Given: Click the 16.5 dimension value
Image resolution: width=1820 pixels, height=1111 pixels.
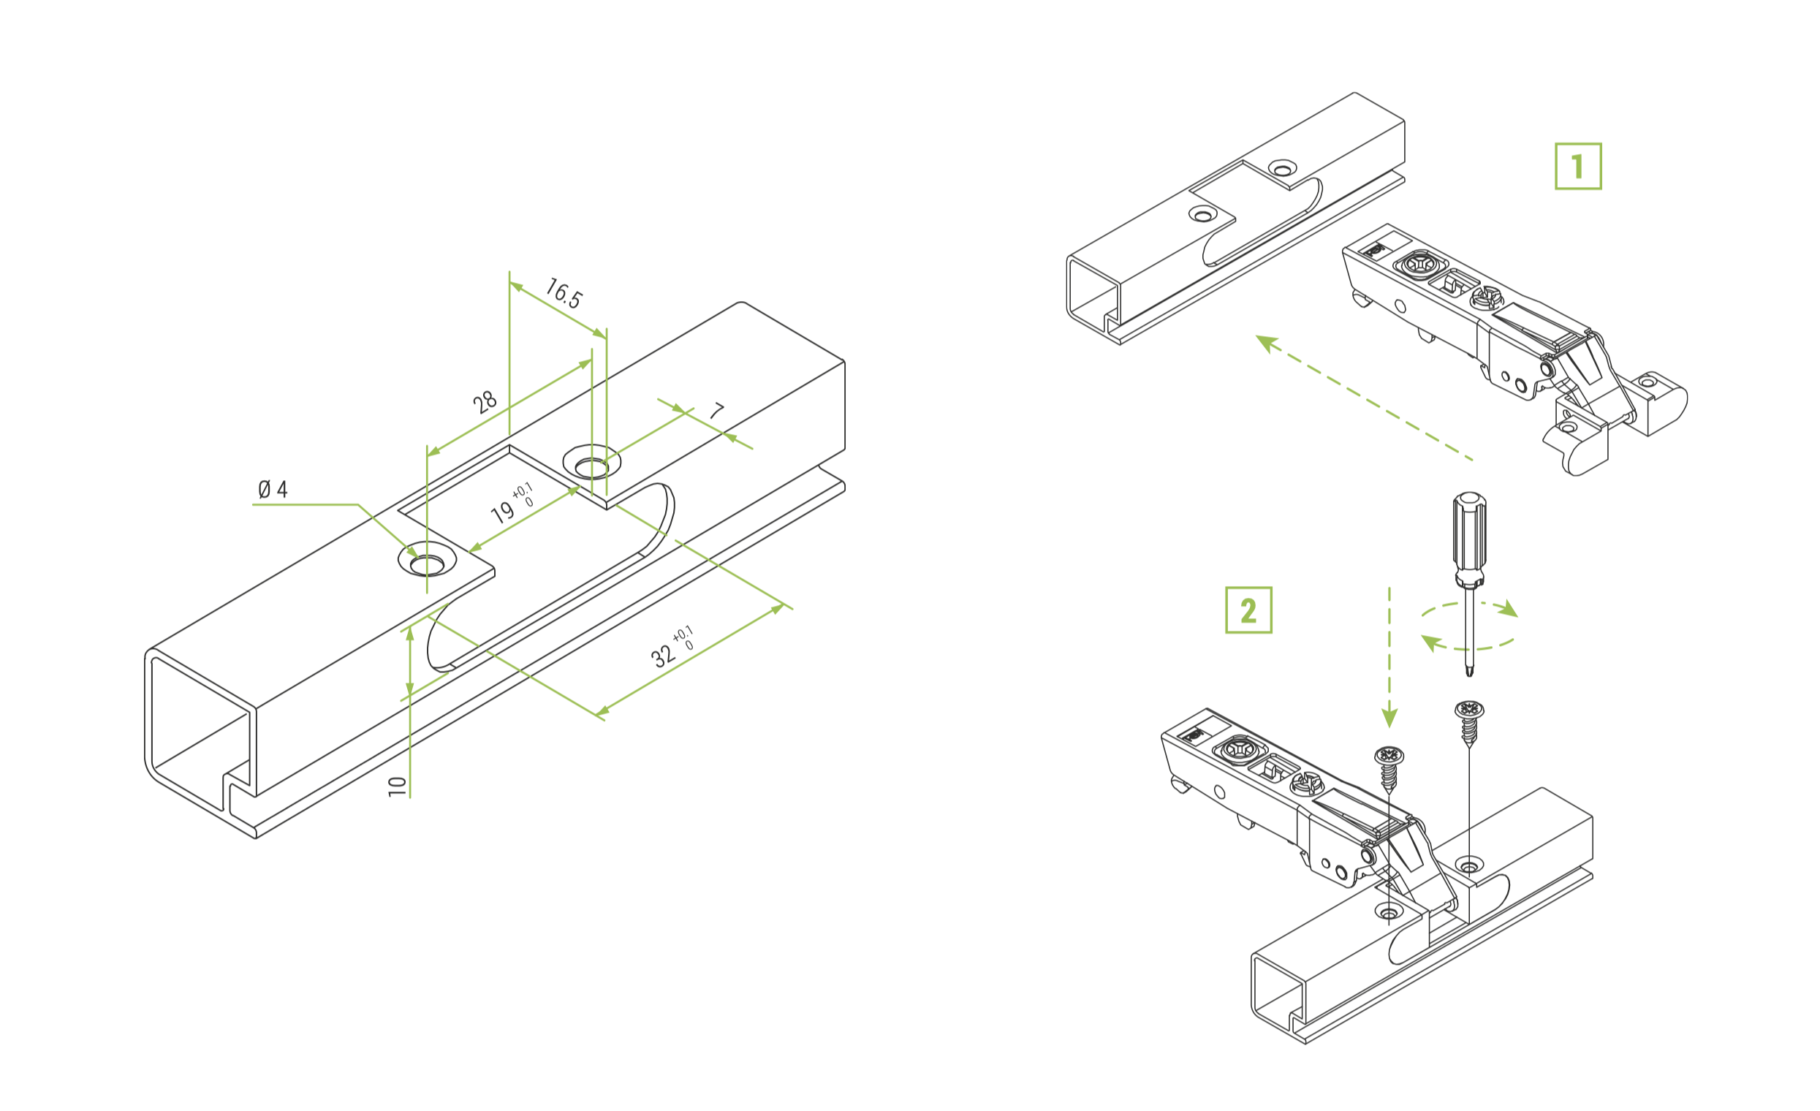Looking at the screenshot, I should tap(564, 293).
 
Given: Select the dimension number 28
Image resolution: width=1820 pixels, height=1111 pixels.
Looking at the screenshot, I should tap(485, 403).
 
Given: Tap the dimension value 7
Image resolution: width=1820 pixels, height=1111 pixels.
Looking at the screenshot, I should tap(716, 411).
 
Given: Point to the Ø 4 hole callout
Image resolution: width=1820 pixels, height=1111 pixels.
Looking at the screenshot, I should tap(273, 489).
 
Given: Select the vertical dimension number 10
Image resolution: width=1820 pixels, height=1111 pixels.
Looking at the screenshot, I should tap(398, 785).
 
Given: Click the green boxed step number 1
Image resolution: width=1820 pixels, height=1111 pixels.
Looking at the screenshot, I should tap(1578, 166).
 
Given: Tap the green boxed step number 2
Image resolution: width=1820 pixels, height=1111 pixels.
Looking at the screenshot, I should tap(1248, 610).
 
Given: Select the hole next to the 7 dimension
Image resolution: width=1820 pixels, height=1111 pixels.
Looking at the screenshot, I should tap(591, 466).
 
